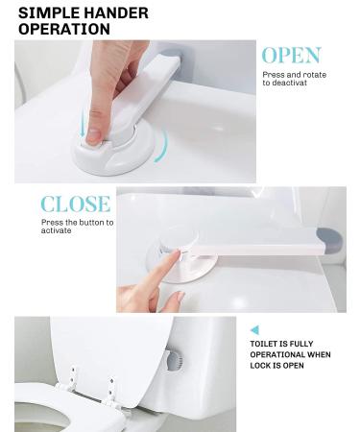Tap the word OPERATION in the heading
point(64,29)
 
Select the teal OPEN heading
point(291,56)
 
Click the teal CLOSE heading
point(76,204)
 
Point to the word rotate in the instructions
point(314,75)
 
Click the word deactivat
point(285,83)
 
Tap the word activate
point(56,230)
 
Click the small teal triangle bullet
point(254,330)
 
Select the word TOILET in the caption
point(264,344)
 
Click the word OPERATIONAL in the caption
point(277,354)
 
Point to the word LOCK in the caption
point(260,366)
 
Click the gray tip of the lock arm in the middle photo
point(329,239)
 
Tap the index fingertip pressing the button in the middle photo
point(175,254)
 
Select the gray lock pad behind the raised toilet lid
point(175,360)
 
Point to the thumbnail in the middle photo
point(180,297)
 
